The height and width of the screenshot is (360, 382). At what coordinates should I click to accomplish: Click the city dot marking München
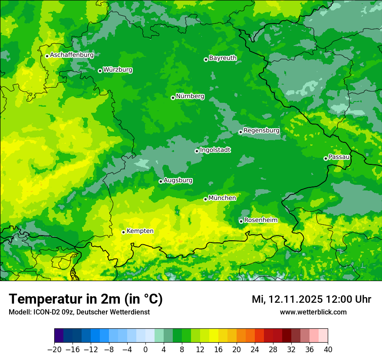(205, 200)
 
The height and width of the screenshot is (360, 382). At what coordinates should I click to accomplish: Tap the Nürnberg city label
(190, 96)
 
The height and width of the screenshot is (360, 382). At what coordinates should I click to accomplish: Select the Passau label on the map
(339, 157)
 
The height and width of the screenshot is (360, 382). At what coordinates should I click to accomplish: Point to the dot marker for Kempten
(123, 232)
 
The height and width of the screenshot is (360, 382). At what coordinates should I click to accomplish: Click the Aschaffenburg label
(72, 55)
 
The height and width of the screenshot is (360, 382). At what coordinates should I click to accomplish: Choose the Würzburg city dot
(100, 71)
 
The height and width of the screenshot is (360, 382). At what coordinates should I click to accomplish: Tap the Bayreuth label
(223, 58)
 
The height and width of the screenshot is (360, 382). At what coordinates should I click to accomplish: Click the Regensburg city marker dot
(240, 132)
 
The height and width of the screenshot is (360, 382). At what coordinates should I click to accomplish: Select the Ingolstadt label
(215, 150)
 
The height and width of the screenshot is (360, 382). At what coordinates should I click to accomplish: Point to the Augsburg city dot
(161, 181)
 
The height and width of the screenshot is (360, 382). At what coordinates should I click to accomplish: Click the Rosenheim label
(260, 220)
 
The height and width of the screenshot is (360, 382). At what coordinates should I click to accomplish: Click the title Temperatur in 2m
(86, 299)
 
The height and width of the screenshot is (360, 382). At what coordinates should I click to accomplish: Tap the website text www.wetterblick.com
(313, 312)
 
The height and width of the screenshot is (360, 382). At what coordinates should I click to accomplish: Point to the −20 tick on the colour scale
(54, 349)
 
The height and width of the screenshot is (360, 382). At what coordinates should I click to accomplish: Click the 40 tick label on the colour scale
(328, 349)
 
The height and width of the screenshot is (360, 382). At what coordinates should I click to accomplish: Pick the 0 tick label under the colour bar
(145, 349)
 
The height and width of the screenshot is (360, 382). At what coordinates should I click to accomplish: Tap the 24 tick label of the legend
(255, 349)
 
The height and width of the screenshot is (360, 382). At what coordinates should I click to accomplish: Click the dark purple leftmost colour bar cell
(59, 336)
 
